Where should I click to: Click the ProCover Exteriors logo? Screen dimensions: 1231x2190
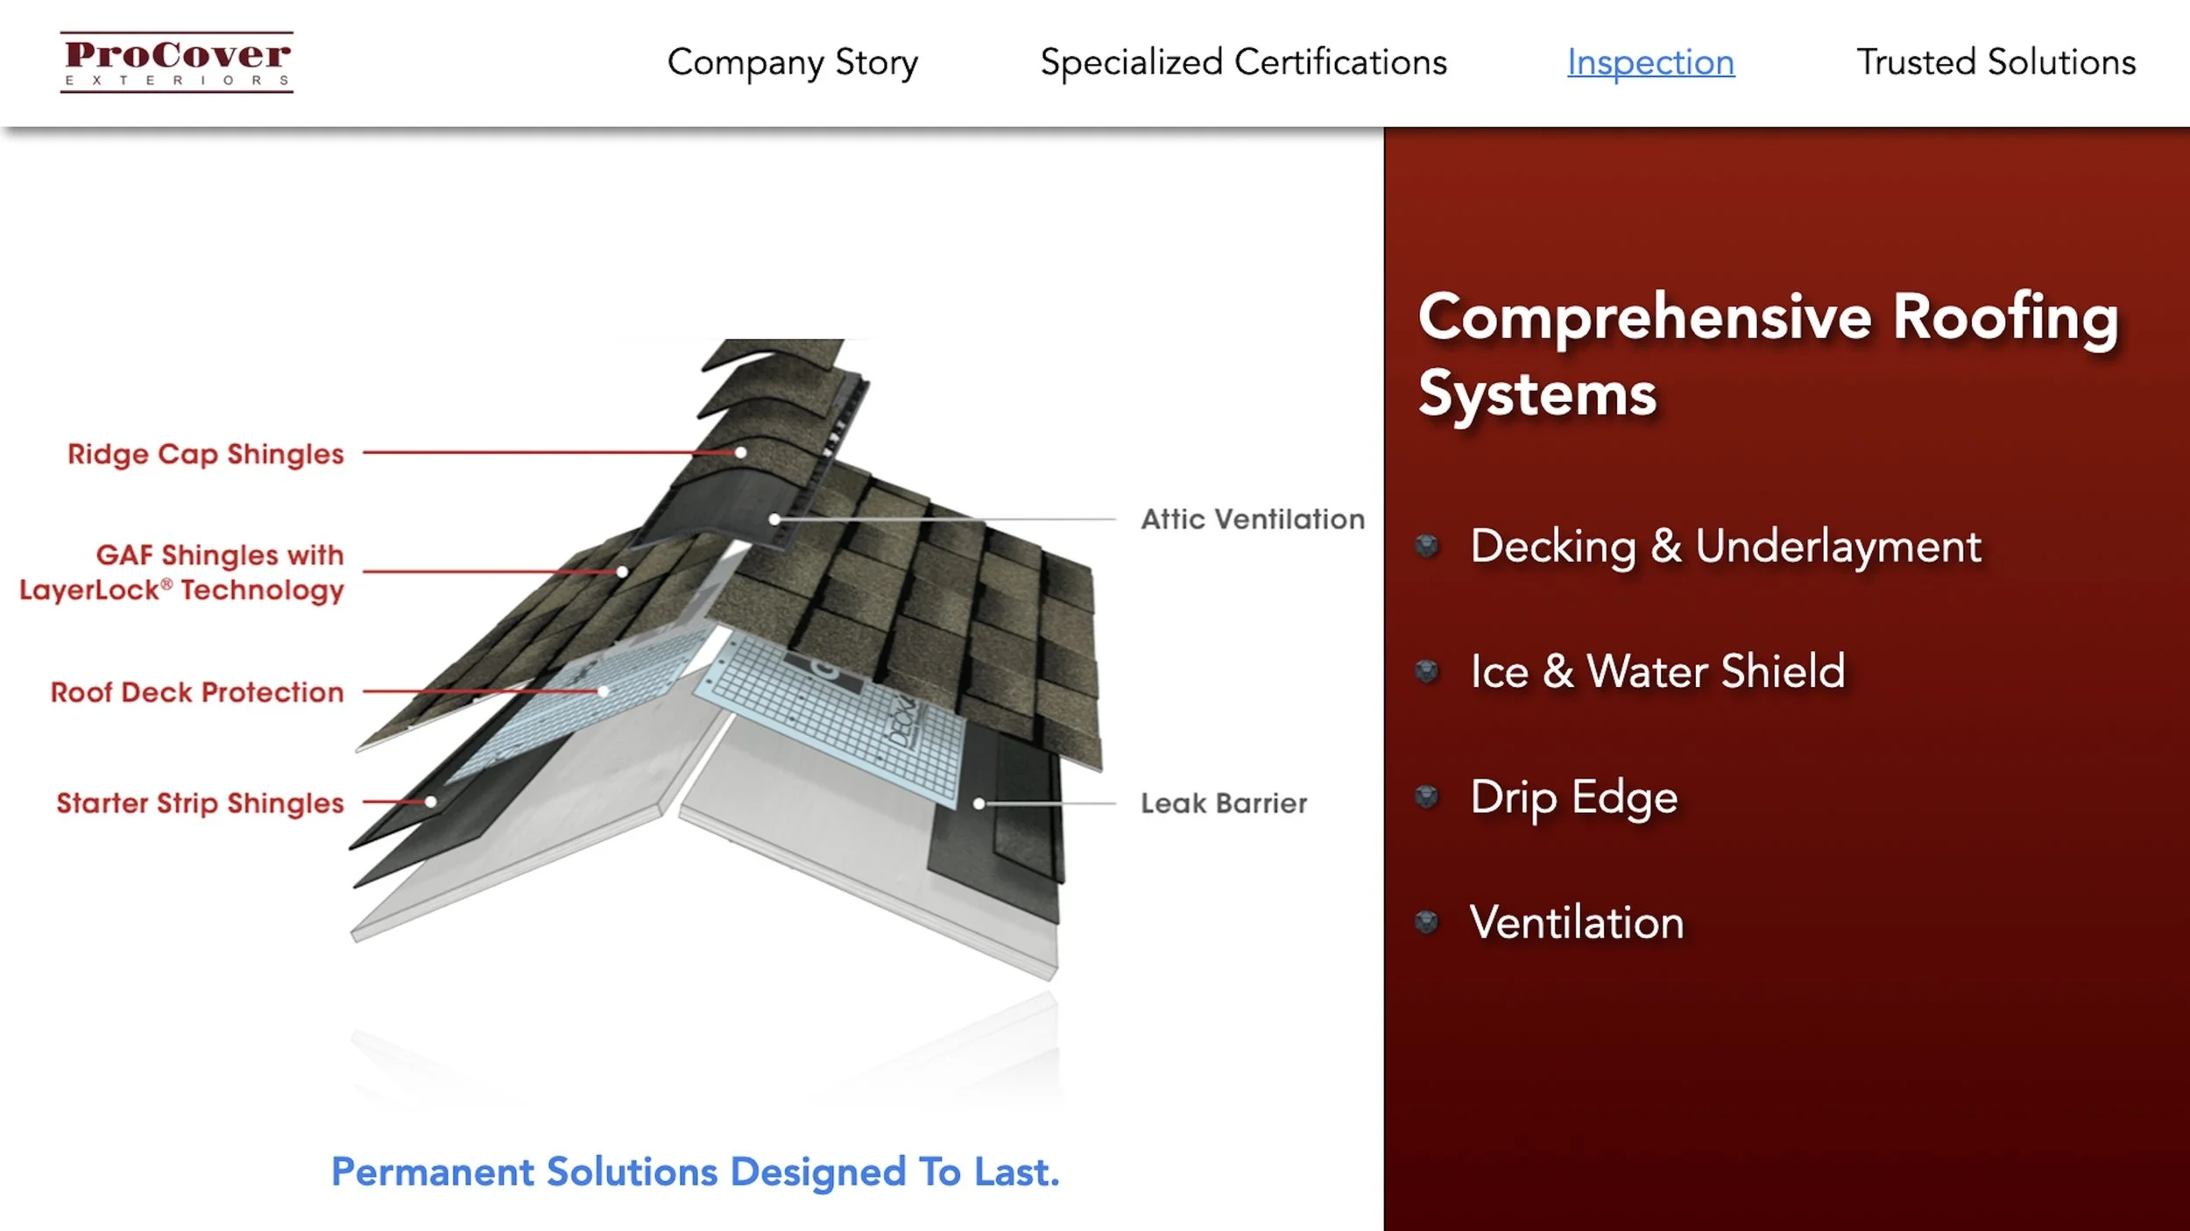(176, 62)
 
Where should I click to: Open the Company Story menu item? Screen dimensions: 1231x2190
(792, 63)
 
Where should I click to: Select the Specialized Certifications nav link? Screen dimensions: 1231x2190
(1243, 63)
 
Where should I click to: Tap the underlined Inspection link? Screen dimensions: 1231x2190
(1650, 63)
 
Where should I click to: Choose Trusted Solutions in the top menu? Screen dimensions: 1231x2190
(1996, 63)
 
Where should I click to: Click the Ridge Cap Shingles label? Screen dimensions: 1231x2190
(206, 454)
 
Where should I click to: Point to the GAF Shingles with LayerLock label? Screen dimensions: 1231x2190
(182, 572)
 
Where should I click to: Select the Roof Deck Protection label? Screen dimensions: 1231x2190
(197, 692)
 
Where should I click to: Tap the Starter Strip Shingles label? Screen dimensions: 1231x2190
(200, 803)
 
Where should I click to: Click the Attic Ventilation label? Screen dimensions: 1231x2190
(1252, 520)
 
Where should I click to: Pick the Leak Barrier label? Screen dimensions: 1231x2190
(1223, 803)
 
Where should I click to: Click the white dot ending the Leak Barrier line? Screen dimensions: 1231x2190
(979, 803)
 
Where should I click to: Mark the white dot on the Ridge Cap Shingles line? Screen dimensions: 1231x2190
(741, 453)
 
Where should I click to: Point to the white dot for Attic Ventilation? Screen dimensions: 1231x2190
(774, 520)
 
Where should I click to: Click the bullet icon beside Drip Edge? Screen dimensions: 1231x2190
(1427, 796)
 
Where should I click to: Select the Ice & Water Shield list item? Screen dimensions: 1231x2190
(1657, 672)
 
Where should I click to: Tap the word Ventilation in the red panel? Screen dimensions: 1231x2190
(1576, 923)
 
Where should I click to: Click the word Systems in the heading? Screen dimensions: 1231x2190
(1537, 393)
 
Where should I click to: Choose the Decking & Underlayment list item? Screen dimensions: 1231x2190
(1725, 547)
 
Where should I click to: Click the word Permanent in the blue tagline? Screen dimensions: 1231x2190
(432, 1172)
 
